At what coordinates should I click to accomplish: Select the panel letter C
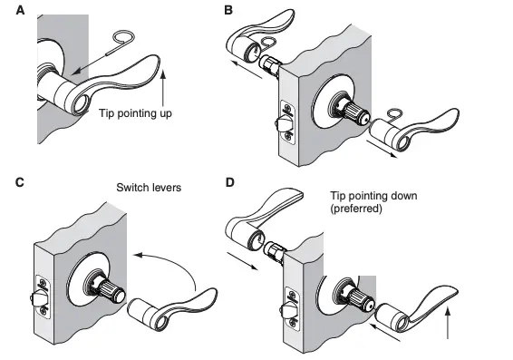coord(21,182)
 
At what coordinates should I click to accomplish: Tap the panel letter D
coord(229,182)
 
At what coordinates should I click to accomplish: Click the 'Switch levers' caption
coord(150,189)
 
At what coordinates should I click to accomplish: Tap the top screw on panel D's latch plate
coord(292,294)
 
